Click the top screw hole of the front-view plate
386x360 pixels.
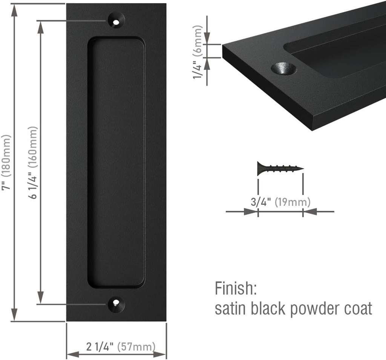pos(117,20)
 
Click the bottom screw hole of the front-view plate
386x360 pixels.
pos(116,304)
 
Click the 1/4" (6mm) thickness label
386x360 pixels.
pos(198,52)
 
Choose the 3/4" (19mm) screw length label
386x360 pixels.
pos(280,202)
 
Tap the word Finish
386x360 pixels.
pos(236,289)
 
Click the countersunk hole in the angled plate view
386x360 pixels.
pos(284,69)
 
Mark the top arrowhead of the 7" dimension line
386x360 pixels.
pos(14,8)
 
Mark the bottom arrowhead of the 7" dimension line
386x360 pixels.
pos(14,316)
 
